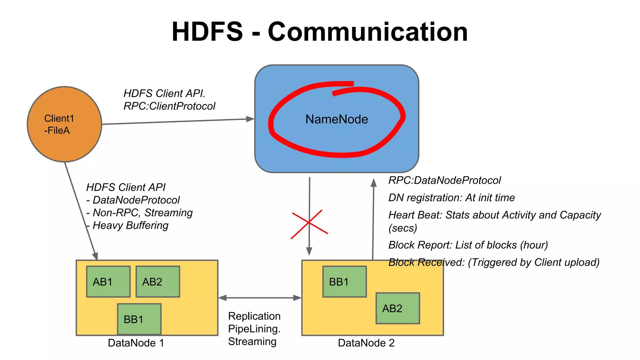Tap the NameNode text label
(x=337, y=119)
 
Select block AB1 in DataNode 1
(x=108, y=282)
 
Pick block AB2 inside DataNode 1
(x=157, y=282)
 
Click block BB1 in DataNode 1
(x=139, y=319)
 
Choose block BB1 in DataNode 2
(x=344, y=282)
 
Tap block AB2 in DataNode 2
(x=397, y=308)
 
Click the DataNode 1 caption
(x=136, y=343)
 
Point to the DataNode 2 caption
(x=366, y=343)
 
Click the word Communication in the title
(x=368, y=32)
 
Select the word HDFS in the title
(x=207, y=32)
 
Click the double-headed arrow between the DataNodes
(x=260, y=298)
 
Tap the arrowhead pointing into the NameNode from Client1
(x=250, y=119)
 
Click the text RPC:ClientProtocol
(x=169, y=106)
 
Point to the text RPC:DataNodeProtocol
(x=444, y=180)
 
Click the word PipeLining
(x=254, y=329)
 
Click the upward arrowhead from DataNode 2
(x=373, y=182)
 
